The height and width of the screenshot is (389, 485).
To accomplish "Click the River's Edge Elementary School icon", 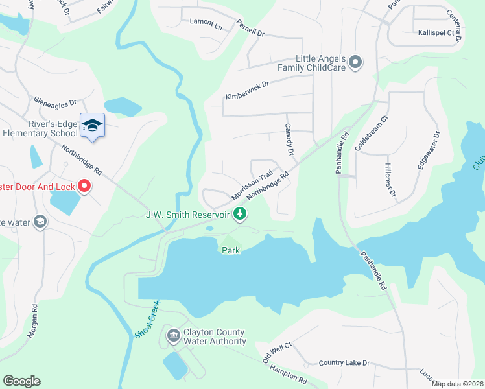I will [92, 125].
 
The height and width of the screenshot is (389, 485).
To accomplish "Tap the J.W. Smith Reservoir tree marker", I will [241, 213].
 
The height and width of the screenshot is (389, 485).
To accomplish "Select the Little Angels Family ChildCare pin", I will [355, 62].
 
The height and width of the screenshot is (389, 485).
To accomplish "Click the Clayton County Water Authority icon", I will [173, 336].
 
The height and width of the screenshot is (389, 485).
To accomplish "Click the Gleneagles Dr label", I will [56, 101].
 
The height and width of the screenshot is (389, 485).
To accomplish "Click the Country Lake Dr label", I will [344, 363].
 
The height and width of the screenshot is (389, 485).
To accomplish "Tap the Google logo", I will [21, 381].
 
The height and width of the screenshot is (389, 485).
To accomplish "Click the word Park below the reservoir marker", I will [231, 250].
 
